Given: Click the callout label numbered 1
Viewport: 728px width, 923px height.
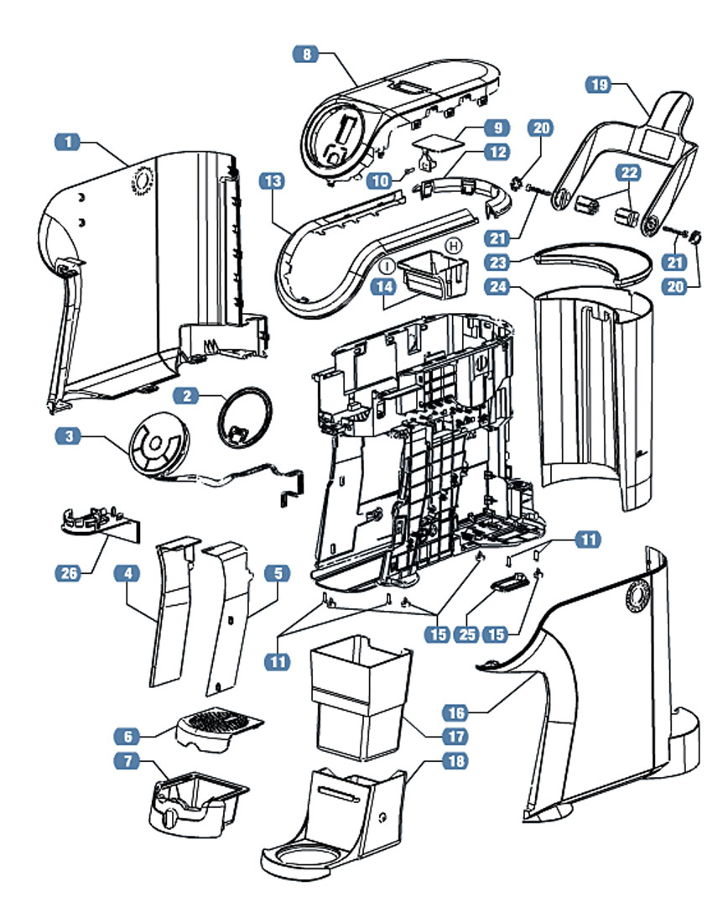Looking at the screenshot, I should pyautogui.click(x=68, y=142).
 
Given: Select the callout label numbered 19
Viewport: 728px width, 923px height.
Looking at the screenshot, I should pyautogui.click(x=598, y=85).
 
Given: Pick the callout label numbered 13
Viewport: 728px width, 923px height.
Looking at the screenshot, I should pyautogui.click(x=273, y=180).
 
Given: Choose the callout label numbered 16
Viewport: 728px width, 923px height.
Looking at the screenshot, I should pyautogui.click(x=456, y=713).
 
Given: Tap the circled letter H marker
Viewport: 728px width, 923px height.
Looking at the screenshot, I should pyautogui.click(x=454, y=245).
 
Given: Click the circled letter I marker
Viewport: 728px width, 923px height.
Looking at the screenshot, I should pyautogui.click(x=387, y=264).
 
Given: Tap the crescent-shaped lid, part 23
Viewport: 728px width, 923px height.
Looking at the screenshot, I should pyautogui.click(x=594, y=261).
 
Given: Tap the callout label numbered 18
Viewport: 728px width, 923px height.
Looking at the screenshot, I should pyautogui.click(x=457, y=761).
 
